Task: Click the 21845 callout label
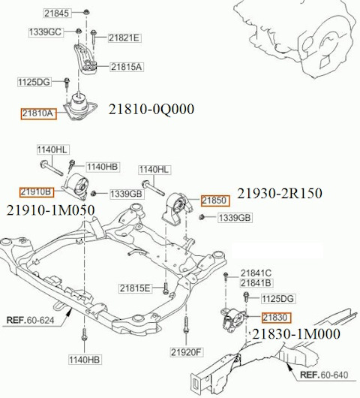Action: pyautogui.click(x=57, y=14)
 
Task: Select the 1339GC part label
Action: pyautogui.click(x=46, y=32)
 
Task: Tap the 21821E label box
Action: pyautogui.click(x=124, y=38)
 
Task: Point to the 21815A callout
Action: pyautogui.click(x=126, y=67)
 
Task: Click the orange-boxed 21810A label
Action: pyautogui.click(x=38, y=113)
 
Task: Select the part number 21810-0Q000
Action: pyautogui.click(x=151, y=110)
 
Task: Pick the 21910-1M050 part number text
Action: pyautogui.click(x=51, y=210)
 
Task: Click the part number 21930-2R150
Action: pyautogui.click(x=280, y=193)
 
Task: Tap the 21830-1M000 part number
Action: pyautogui.click(x=296, y=334)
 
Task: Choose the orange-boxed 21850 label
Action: pyautogui.click(x=215, y=201)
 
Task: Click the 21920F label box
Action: pyautogui.click(x=187, y=352)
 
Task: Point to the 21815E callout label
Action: pyautogui.click(x=135, y=288)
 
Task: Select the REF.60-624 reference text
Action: pyautogui.click(x=31, y=321)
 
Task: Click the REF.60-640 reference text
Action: pyautogui.click(x=324, y=375)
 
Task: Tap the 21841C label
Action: pyautogui.click(x=256, y=273)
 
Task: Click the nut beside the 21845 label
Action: pyautogui.click(x=86, y=12)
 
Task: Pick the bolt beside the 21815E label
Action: pyautogui.click(x=165, y=288)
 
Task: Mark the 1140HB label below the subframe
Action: pyautogui.click(x=85, y=360)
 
